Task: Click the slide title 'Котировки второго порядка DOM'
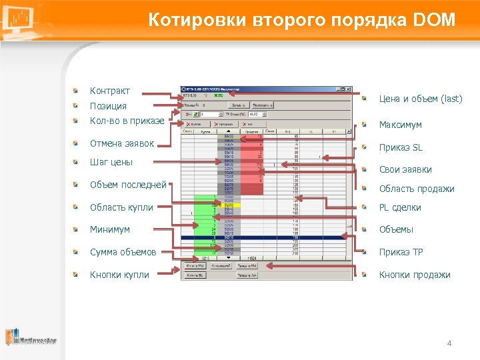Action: point(301,21)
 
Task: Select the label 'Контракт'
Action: point(110,91)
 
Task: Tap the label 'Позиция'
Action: point(108,107)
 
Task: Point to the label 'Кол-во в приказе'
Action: point(127,121)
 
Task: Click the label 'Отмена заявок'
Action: point(121,143)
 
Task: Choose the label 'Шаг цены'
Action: point(111,162)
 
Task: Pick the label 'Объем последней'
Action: point(128,185)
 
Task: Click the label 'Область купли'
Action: point(121,207)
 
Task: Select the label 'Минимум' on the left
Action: point(110,229)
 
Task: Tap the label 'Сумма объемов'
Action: point(123,252)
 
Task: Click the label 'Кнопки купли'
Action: point(119,275)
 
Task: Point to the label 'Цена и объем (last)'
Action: point(420,99)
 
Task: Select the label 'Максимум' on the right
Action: point(400,125)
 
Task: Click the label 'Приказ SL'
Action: point(401,147)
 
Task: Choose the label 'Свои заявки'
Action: point(405,169)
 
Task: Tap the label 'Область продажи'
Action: point(417,189)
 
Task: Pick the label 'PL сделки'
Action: point(400,207)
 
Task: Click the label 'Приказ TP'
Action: point(401,252)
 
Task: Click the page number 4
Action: point(449,343)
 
